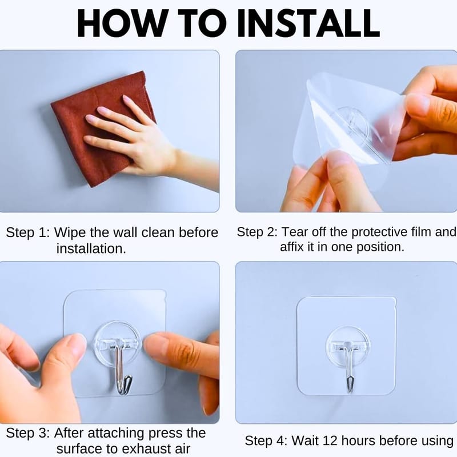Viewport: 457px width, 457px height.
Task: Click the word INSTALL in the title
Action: pos(308,23)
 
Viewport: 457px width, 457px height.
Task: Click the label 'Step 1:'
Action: pos(28,233)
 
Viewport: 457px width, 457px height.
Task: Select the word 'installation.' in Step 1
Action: pos(91,249)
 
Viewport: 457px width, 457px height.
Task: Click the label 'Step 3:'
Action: pos(28,433)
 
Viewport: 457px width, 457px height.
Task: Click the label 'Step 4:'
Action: pos(266,440)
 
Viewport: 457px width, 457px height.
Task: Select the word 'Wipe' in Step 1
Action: pos(70,233)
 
